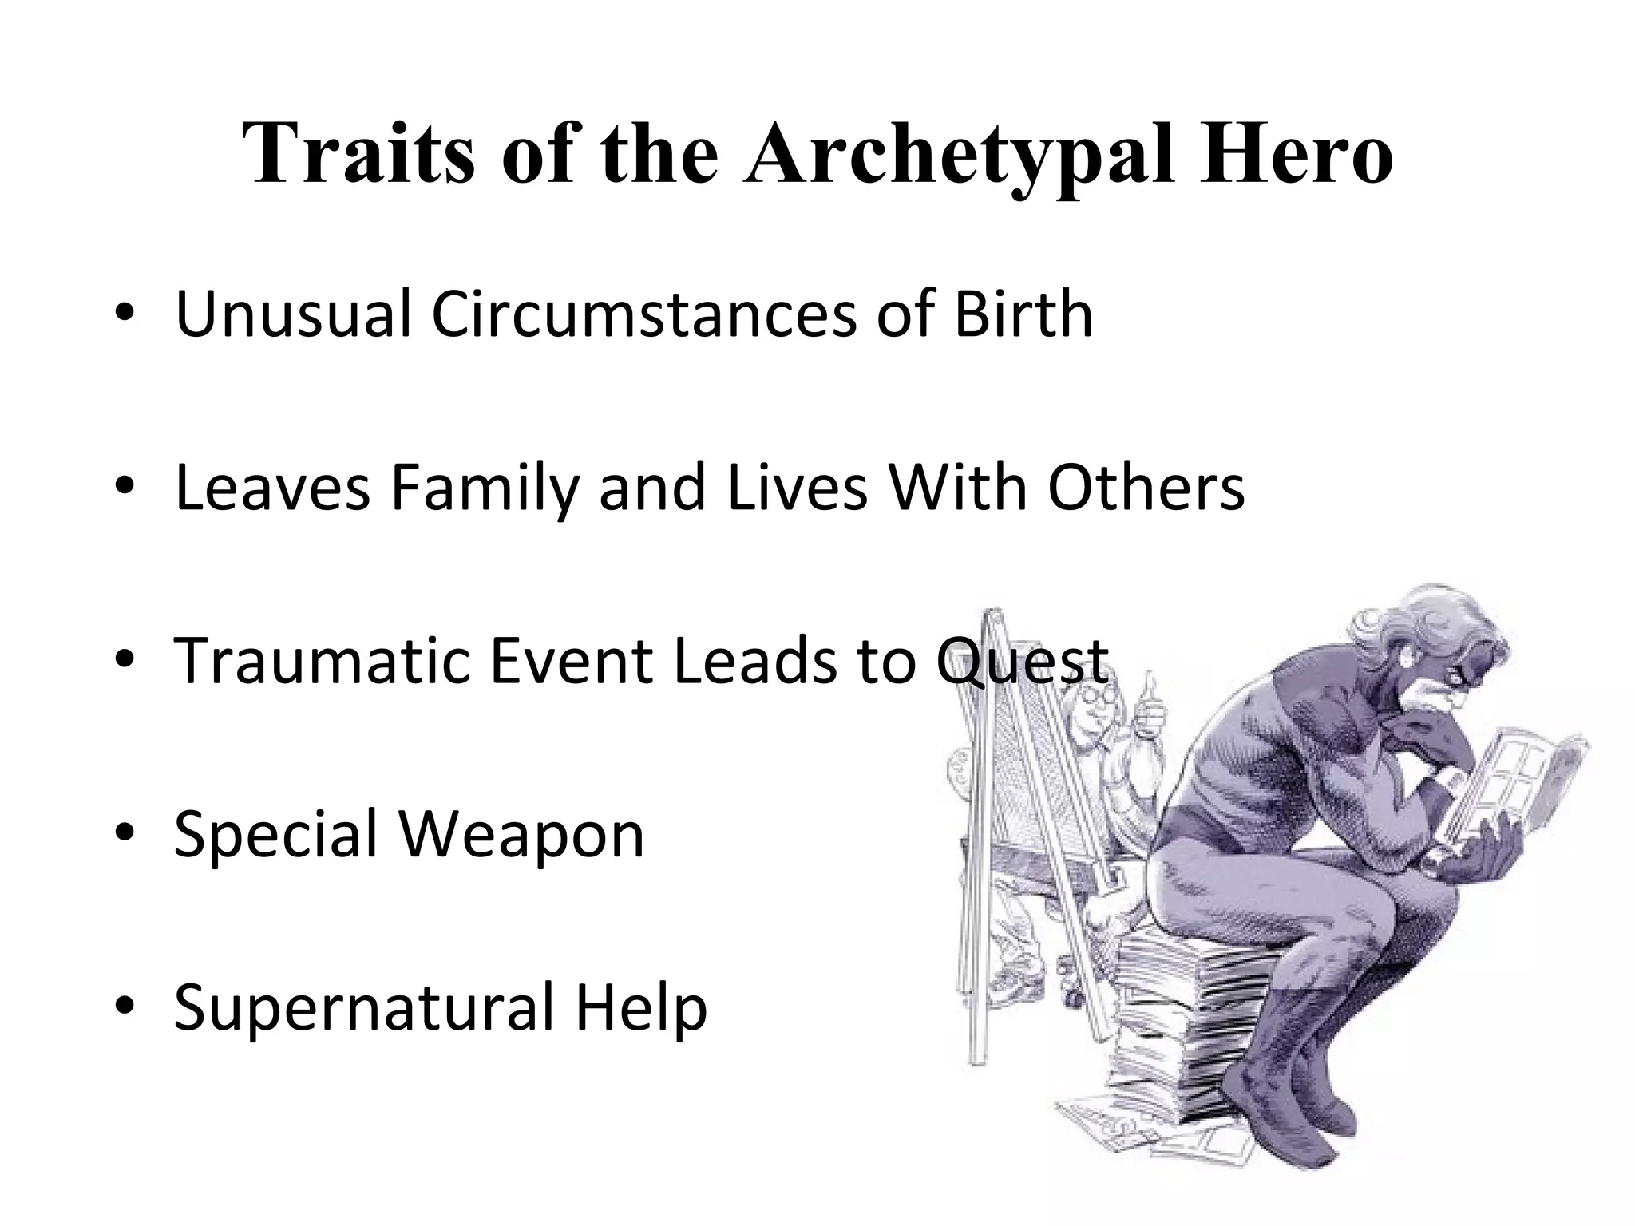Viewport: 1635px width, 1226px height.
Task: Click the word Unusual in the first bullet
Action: [x=292, y=314]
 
